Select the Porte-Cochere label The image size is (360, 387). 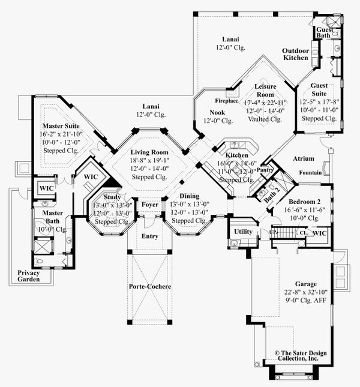coord(150,286)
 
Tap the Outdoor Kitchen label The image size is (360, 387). coord(296,54)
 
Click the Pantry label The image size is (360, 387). coord(265,170)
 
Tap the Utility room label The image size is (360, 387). coord(243,231)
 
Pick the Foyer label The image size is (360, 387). coord(149,205)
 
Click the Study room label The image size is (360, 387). coord(112,197)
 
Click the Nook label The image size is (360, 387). coord(217,112)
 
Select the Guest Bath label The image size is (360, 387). coord(324,32)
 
